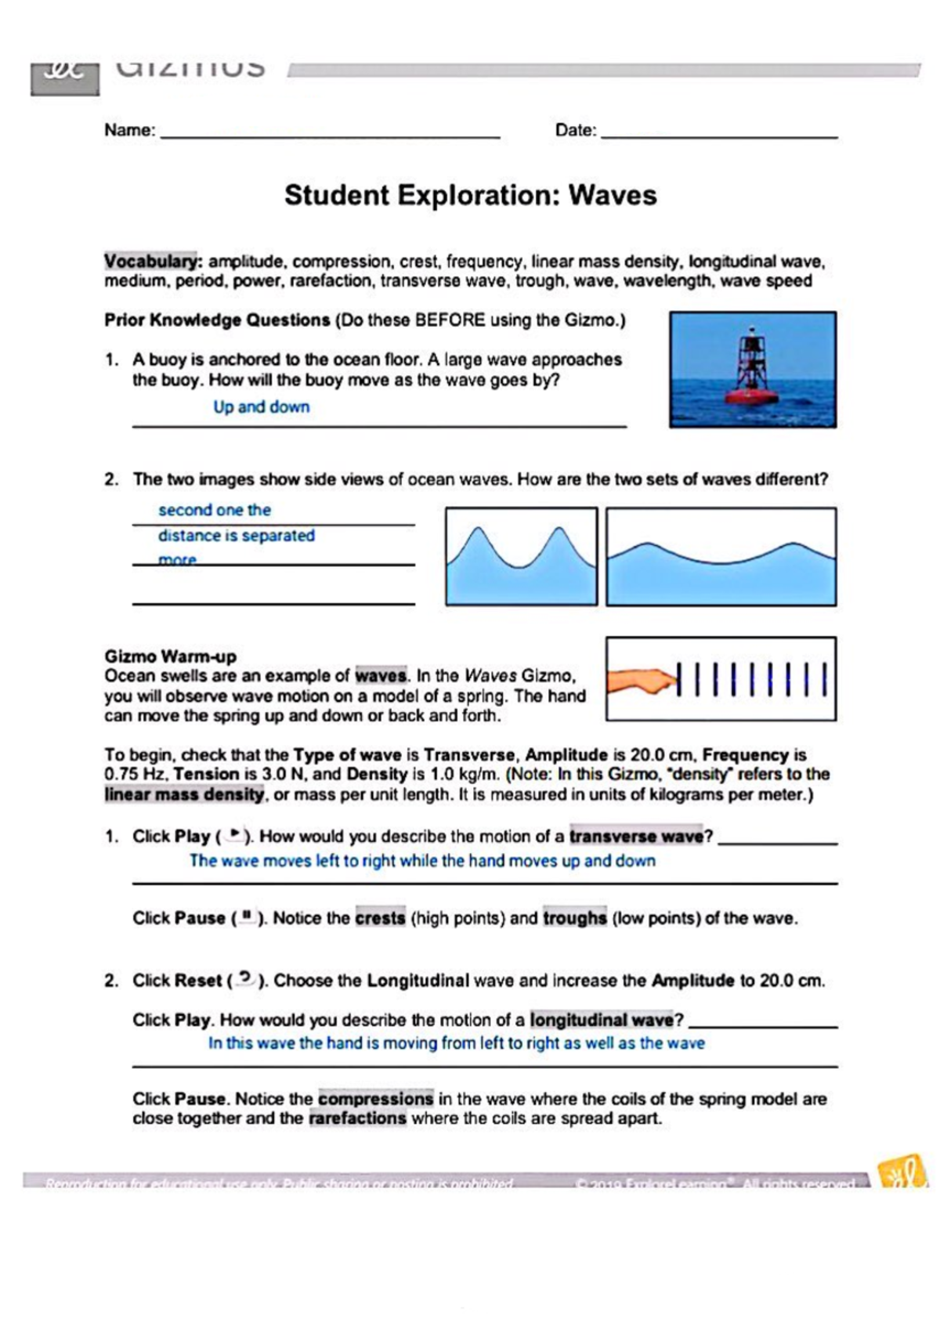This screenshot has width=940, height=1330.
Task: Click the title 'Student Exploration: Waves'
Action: [470, 195]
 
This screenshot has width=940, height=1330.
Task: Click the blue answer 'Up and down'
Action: [262, 407]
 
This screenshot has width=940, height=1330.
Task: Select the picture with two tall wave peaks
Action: [522, 557]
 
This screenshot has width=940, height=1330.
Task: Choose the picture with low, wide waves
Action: [721, 557]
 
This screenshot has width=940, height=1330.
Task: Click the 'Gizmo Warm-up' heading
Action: [170, 656]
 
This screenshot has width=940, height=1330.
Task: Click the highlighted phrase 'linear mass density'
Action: [185, 794]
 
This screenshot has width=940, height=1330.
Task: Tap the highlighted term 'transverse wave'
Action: [637, 837]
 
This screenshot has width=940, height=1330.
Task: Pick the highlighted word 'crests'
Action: [381, 918]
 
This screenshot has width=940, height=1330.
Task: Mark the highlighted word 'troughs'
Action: [575, 918]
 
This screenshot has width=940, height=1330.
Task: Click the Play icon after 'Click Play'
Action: [233, 836]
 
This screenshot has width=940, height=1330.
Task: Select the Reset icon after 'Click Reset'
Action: [246, 979]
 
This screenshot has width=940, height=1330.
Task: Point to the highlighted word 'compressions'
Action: [375, 1099]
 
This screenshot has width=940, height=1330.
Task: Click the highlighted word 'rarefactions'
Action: [358, 1119]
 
